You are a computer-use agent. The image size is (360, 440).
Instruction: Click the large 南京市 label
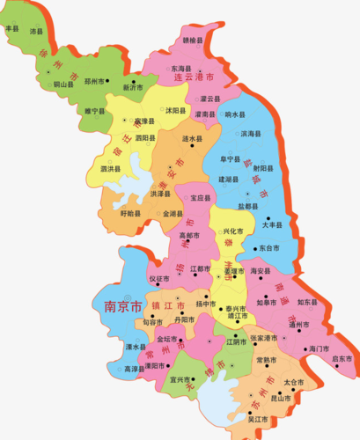(x=122, y=307)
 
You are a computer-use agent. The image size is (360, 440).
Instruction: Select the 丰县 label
(x=12, y=28)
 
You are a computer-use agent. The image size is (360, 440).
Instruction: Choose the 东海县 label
(x=181, y=69)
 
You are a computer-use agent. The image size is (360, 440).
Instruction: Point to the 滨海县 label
(x=251, y=135)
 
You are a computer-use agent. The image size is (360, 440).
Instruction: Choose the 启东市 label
(x=342, y=359)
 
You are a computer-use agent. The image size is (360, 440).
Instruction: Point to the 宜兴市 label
(x=182, y=381)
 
